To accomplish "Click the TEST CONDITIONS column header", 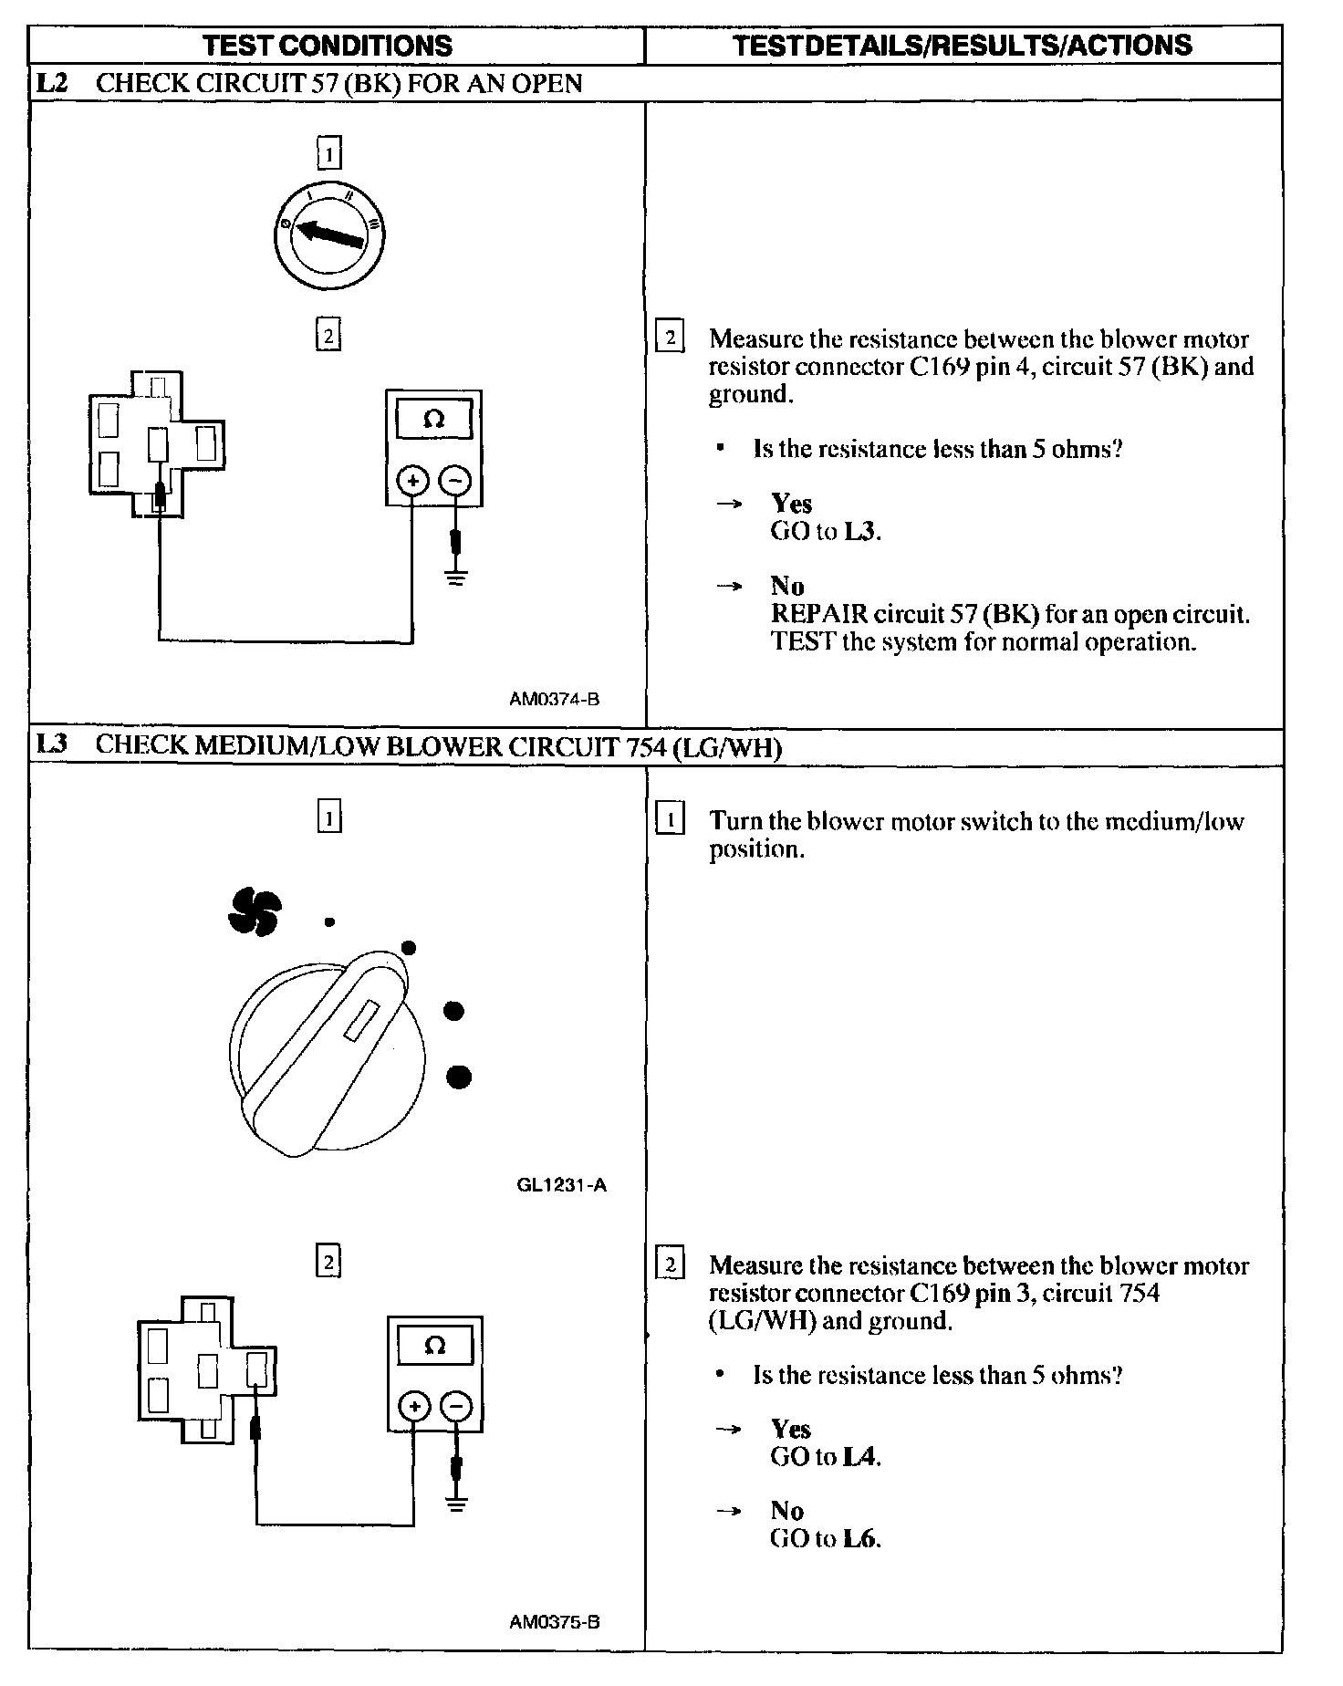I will point(327,45).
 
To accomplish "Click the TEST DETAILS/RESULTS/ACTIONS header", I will point(963,45).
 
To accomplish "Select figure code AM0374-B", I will point(554,700).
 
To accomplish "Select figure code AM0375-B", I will point(555,1622).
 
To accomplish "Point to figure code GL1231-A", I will point(561,1185).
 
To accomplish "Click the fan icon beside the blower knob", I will point(255,911).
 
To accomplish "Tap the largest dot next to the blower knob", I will point(459,1077).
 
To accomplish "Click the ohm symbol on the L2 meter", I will point(434,420).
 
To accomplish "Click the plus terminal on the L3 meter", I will point(414,1406).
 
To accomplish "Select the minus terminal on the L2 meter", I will point(456,480).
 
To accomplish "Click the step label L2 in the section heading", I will point(51,83).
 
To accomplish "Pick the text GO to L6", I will point(825,1538).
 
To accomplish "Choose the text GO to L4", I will point(825,1456).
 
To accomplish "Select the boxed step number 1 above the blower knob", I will point(328,817).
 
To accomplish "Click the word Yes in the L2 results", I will point(791,503).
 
